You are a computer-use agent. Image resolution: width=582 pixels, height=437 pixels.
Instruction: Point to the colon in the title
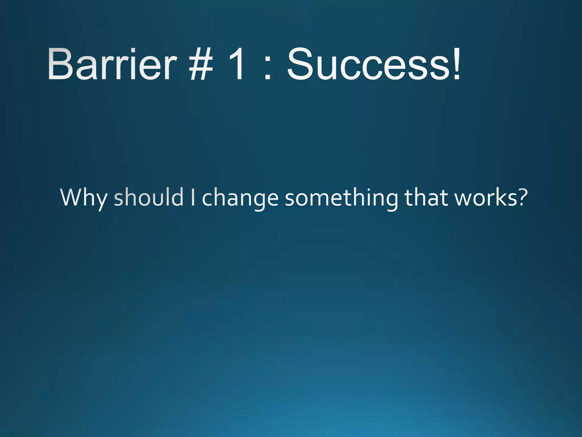267,68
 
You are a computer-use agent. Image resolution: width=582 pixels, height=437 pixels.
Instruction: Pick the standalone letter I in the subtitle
193,197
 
